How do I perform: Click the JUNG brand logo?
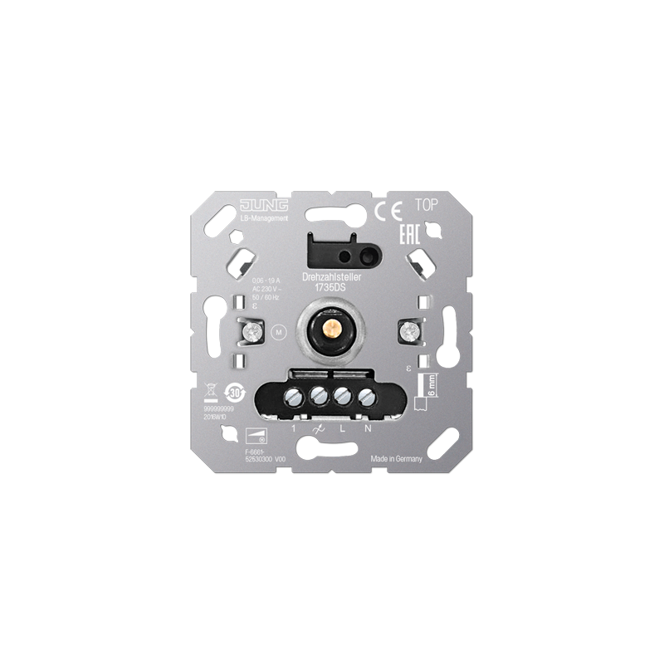[264, 205]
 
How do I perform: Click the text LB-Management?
[264, 217]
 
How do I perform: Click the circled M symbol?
[279, 333]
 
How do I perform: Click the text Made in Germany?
[398, 459]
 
